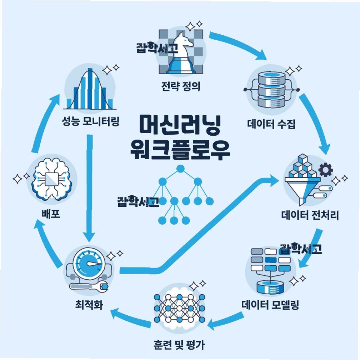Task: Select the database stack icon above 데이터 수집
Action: (x=271, y=89)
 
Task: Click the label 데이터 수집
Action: (x=271, y=125)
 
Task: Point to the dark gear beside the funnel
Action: (x=325, y=170)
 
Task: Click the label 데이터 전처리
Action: (x=310, y=216)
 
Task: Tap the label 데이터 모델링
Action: (x=270, y=305)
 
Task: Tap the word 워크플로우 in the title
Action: (x=180, y=150)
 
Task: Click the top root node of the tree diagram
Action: (x=180, y=169)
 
